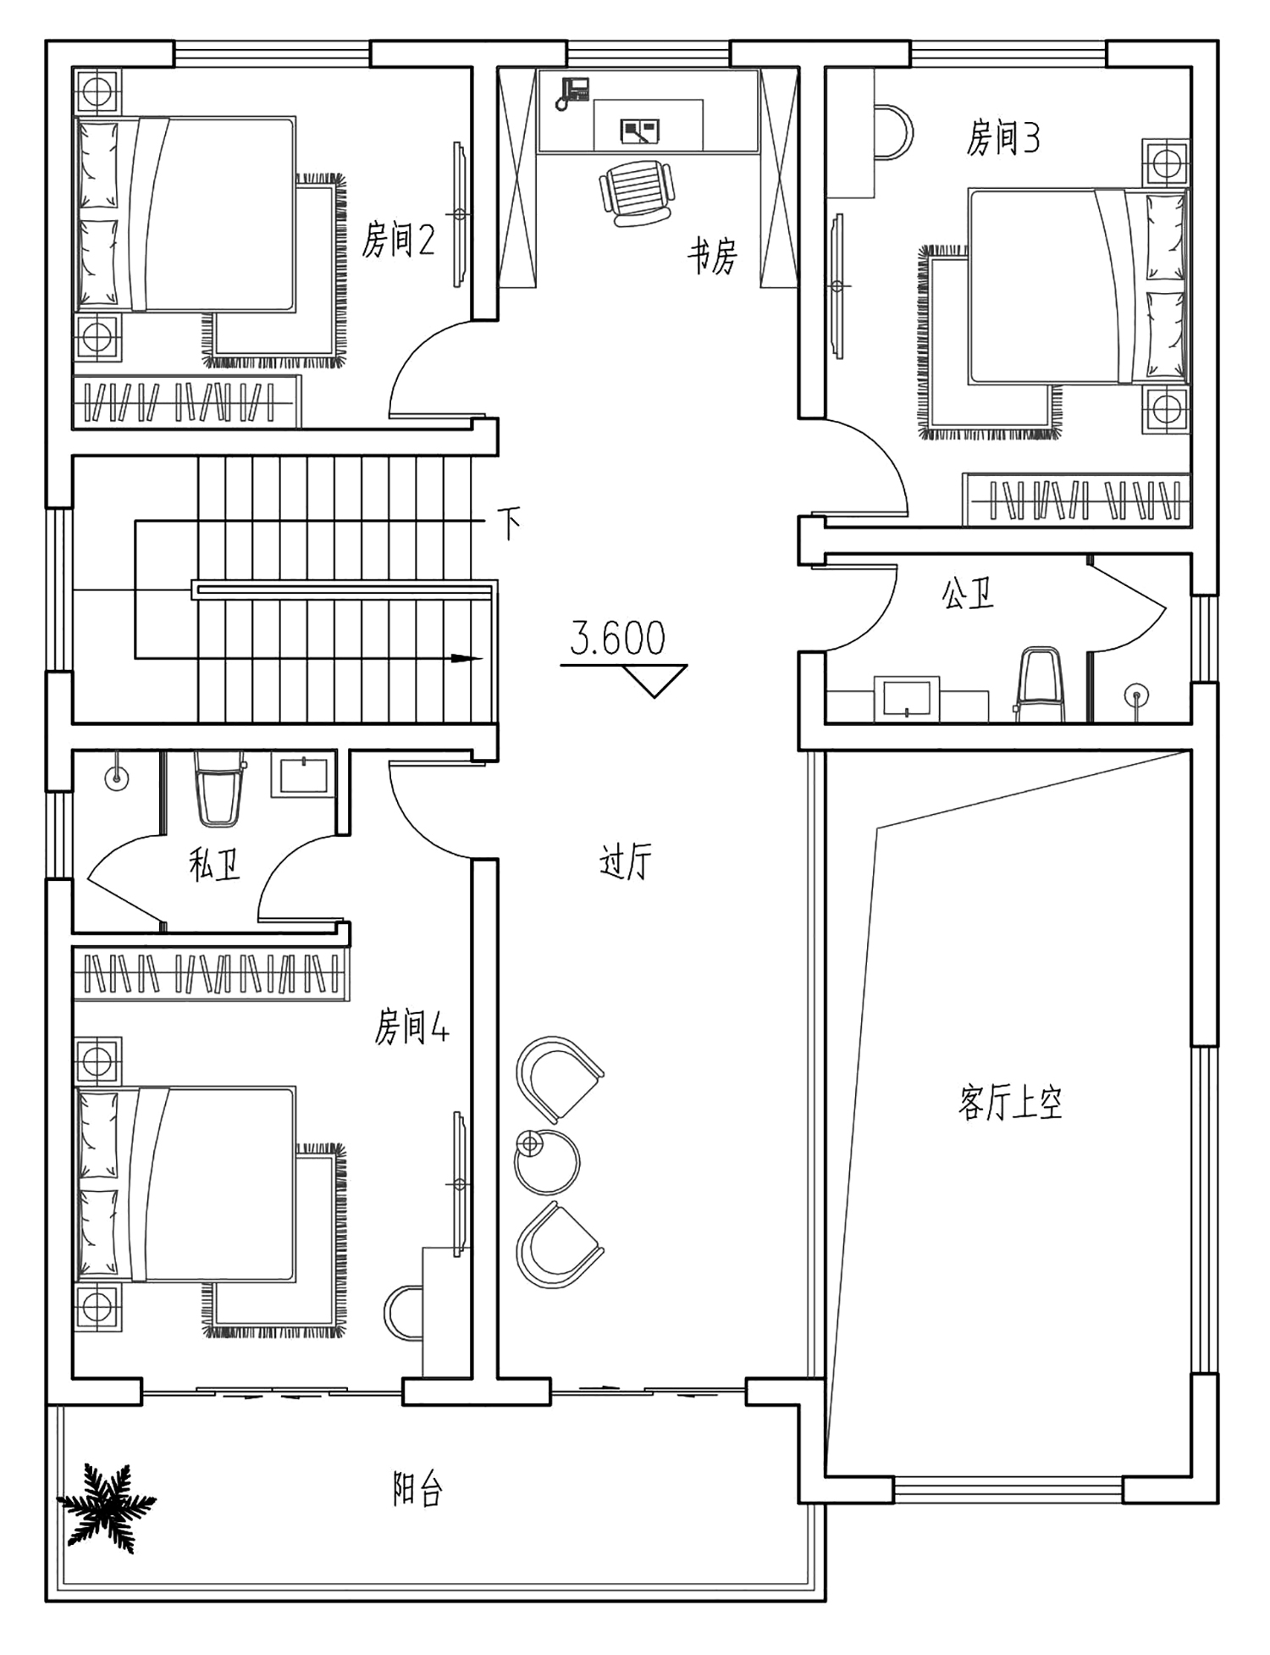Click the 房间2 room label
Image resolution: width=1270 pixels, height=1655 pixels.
coord(398,240)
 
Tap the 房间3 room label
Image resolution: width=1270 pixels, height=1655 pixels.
coord(1003,137)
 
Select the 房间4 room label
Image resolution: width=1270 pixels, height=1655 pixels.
coord(411,1027)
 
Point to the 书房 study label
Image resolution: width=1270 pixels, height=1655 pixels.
coord(712,256)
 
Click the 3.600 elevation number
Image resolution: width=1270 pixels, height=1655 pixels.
coord(617,639)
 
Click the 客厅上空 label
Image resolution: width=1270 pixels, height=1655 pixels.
coord(1010,1102)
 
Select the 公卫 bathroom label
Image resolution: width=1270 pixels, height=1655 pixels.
coord(968,593)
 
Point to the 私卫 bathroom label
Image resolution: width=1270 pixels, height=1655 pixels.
coord(215,865)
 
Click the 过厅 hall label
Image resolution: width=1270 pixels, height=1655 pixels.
coord(625,862)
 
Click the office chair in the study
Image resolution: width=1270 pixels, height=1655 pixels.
coord(638,193)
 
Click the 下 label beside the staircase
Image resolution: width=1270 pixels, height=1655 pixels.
coord(509,523)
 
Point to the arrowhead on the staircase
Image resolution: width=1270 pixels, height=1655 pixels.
coord(466,658)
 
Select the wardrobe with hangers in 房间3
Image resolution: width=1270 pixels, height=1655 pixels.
coord(1076,500)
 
